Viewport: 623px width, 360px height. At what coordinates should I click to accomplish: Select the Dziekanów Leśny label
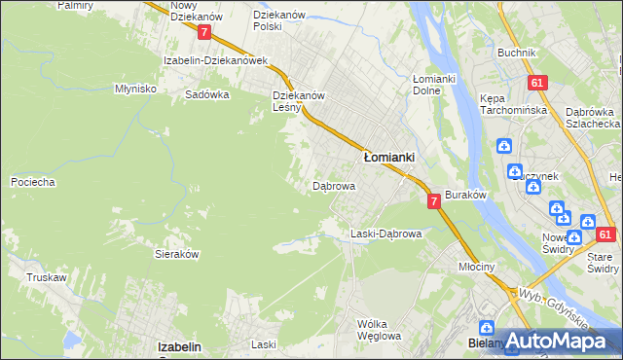click(298, 101)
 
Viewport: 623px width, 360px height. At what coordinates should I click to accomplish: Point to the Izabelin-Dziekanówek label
click(215, 60)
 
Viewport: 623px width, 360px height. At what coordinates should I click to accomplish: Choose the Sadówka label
click(206, 95)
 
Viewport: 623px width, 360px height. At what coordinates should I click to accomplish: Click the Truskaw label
click(46, 277)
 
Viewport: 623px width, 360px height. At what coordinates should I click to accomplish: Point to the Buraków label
click(465, 195)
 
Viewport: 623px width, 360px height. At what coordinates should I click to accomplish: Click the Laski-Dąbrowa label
click(385, 234)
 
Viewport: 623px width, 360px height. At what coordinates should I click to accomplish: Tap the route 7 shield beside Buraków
click(432, 200)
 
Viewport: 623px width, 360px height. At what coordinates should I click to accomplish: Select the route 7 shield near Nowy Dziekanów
click(203, 32)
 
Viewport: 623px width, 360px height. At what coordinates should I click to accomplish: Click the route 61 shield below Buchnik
click(536, 84)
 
